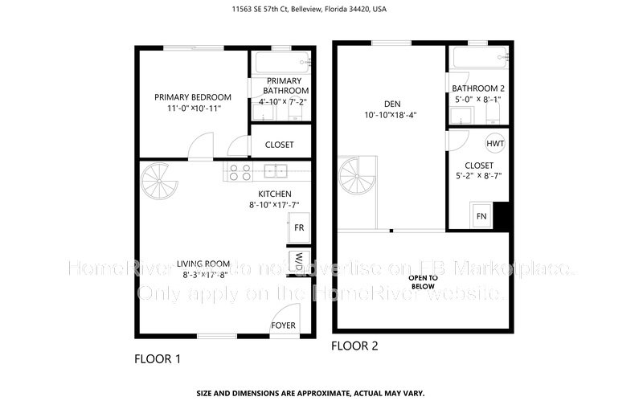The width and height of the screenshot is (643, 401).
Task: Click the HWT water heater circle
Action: click(494, 143)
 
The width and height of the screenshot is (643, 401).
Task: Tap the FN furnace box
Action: click(481, 215)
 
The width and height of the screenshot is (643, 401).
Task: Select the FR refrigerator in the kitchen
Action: click(298, 228)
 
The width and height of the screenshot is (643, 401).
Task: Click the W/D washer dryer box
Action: click(298, 262)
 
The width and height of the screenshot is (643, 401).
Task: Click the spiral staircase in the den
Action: click(354, 175)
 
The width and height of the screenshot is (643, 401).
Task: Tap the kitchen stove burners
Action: click(239, 170)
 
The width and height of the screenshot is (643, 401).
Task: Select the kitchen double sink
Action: click(275, 170)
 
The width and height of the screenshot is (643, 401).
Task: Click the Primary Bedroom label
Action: click(193, 97)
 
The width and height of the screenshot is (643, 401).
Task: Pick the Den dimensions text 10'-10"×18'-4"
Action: click(390, 115)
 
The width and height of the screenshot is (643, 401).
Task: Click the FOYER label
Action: click(283, 325)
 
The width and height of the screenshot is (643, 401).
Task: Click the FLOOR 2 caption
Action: click(354, 346)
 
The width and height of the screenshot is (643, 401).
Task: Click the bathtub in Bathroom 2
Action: click(479, 58)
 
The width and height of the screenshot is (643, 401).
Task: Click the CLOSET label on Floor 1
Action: click(278, 145)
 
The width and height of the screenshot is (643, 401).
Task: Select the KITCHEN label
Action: click(274, 194)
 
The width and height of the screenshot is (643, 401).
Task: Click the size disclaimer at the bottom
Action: click(321, 394)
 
